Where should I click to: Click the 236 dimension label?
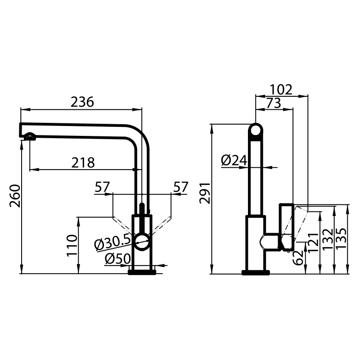point(82,102)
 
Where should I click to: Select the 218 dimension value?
point(83,163)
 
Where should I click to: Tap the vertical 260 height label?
point(15,196)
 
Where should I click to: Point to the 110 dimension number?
point(72,245)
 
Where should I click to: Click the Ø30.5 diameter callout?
point(112,242)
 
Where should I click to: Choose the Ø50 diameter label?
point(118,259)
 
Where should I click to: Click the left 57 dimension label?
point(102,187)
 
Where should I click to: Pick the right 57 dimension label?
point(181,187)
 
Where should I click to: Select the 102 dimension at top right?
point(281,90)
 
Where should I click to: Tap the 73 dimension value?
point(274,103)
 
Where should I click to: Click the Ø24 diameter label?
point(234,160)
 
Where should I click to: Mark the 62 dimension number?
point(298,258)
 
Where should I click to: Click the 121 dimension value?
point(313,243)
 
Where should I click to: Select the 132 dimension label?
point(328,239)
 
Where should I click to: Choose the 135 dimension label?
point(341,238)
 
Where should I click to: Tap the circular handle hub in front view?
point(142,242)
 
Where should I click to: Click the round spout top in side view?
point(256,131)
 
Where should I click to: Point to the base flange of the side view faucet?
point(256,273)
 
